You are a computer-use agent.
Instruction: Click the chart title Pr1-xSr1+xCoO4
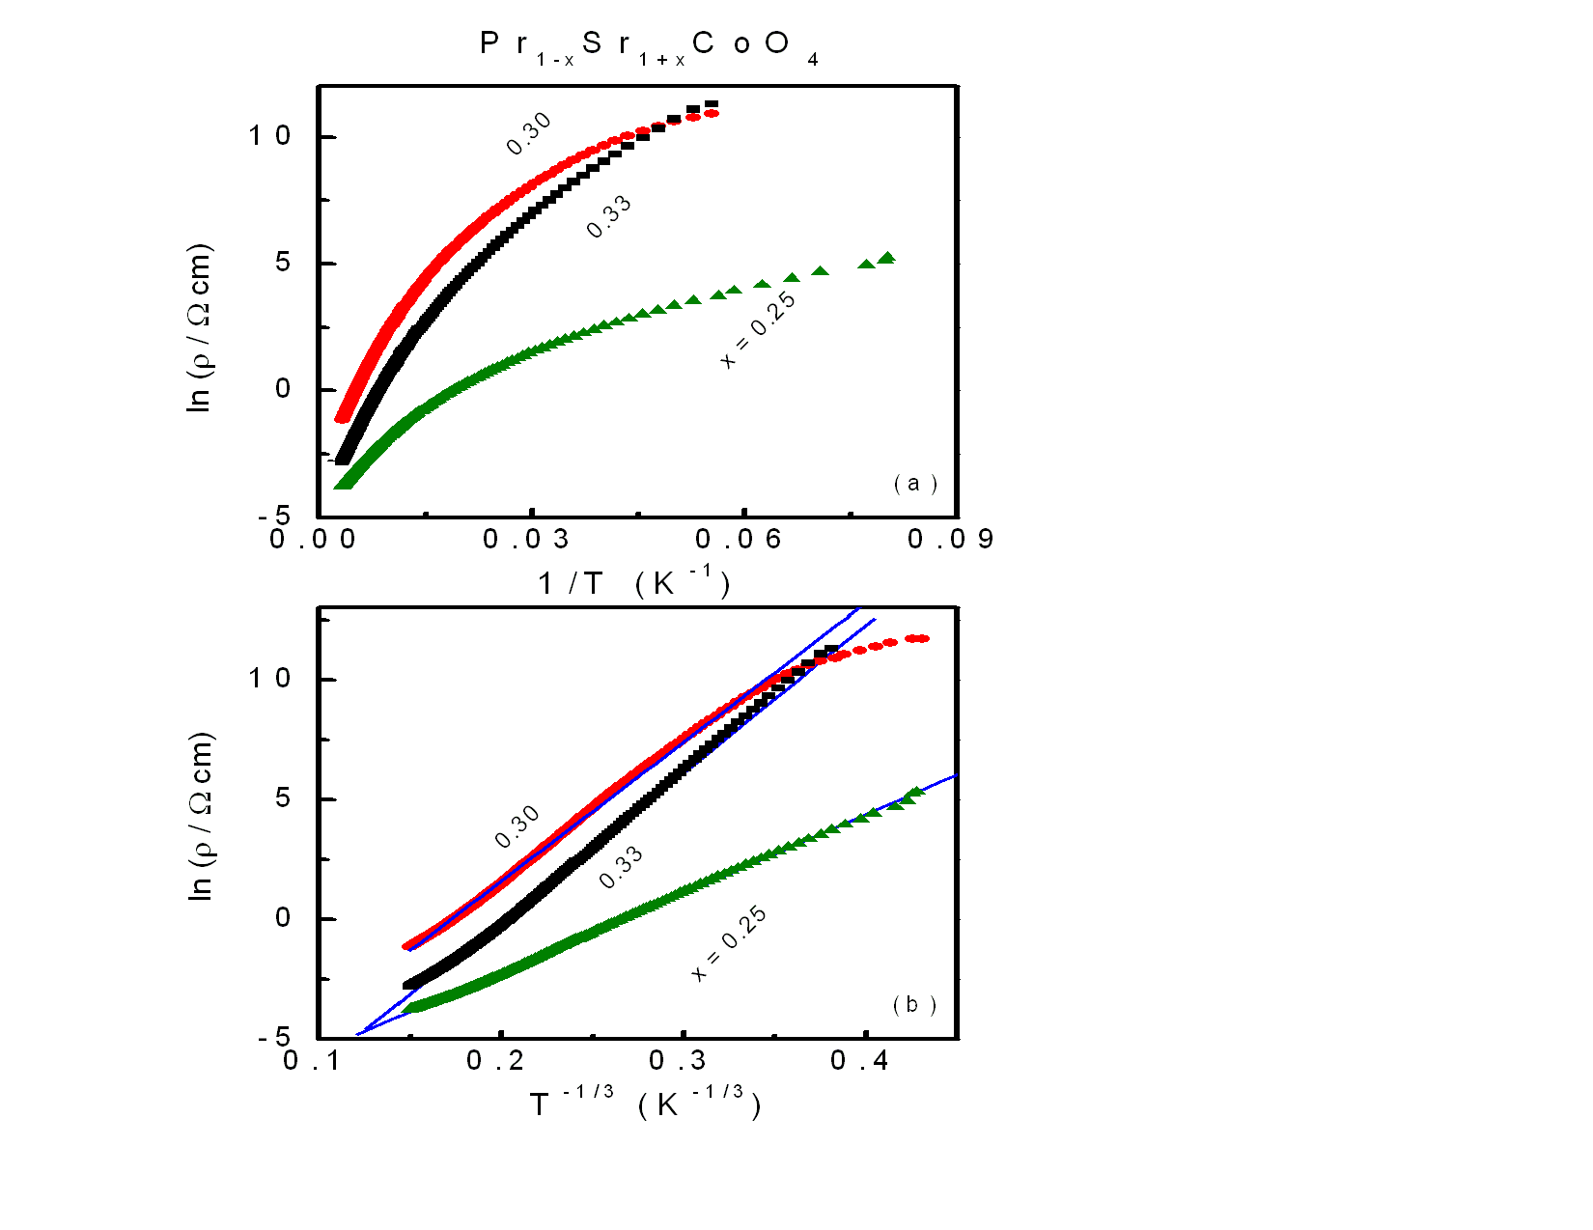[649, 45]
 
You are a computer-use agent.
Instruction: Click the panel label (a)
[914, 483]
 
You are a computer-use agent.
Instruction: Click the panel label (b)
[913, 1005]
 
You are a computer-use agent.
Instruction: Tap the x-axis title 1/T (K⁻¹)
[632, 582]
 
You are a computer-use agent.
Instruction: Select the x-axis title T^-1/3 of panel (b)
[644, 1103]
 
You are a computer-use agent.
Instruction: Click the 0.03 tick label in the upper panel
[526, 539]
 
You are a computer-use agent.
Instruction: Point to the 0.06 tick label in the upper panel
[739, 539]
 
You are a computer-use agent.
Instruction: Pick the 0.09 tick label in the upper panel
[951, 539]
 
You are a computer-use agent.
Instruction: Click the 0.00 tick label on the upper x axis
[313, 539]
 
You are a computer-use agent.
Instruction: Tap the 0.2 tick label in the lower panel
[495, 1061]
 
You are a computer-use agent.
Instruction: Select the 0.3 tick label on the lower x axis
[678, 1061]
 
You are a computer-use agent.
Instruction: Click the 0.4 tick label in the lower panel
[859, 1061]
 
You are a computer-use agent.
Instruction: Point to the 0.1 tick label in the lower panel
[312, 1061]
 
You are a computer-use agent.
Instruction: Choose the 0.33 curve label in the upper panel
[609, 216]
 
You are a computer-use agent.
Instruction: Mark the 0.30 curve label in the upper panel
[529, 133]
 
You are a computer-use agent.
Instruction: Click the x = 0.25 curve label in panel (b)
[729, 943]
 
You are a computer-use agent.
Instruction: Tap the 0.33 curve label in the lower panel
[621, 867]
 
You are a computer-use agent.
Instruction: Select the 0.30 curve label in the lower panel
[517, 827]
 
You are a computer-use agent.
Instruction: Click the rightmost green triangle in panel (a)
[886, 258]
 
